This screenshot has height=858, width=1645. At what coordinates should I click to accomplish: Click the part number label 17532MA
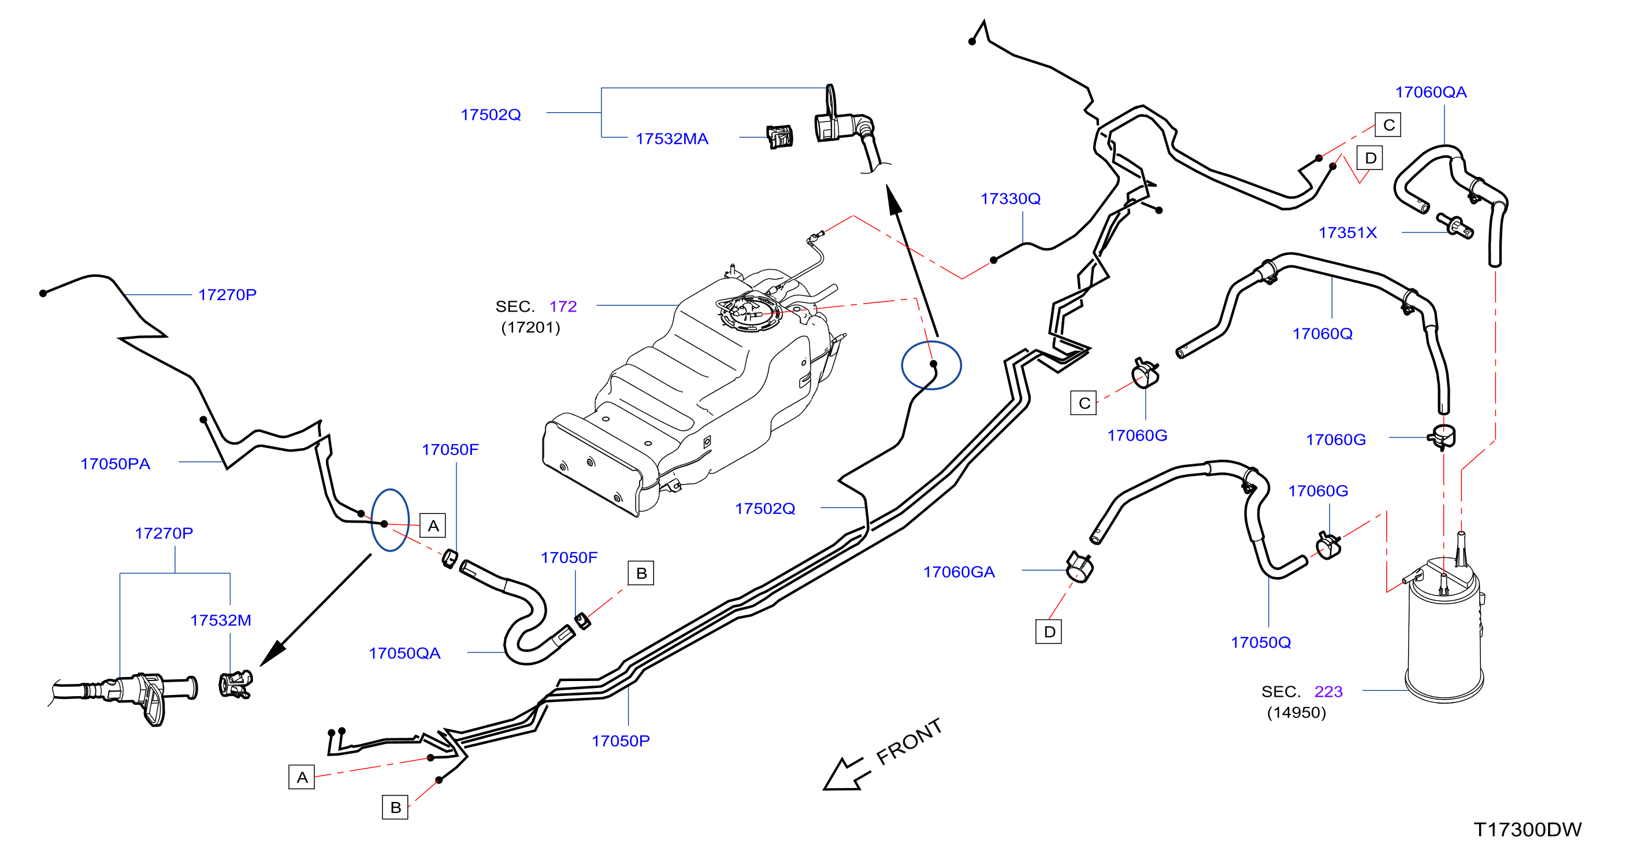[x=672, y=139]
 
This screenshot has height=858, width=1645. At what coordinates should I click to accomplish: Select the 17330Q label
[x=1010, y=199]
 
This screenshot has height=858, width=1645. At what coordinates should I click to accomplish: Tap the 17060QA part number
[x=1431, y=92]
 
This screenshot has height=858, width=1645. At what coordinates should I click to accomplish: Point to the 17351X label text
[x=1347, y=232]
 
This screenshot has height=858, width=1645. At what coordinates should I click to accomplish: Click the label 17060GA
[x=959, y=572]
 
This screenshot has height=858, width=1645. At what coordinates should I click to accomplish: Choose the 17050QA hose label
[x=404, y=653]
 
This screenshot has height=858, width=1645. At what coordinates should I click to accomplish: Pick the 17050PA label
[x=115, y=464]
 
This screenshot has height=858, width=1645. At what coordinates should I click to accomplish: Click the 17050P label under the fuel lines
[x=620, y=741]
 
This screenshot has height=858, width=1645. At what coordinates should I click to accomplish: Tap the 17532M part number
[x=220, y=620]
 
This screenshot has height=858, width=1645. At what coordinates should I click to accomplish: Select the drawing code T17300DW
[x=1528, y=829]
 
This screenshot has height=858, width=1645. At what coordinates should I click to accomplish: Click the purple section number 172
[x=563, y=306]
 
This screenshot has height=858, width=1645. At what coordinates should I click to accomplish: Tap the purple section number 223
[x=1328, y=691]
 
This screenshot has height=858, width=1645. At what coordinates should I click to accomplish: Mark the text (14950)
[x=1297, y=712]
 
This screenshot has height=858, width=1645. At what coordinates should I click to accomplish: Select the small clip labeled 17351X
[x=1455, y=225]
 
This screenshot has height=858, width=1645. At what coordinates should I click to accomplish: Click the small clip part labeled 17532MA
[x=779, y=136]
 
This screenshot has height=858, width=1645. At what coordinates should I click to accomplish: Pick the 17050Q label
[x=1261, y=642]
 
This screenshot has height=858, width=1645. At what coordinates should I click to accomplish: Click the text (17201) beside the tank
[x=530, y=327]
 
